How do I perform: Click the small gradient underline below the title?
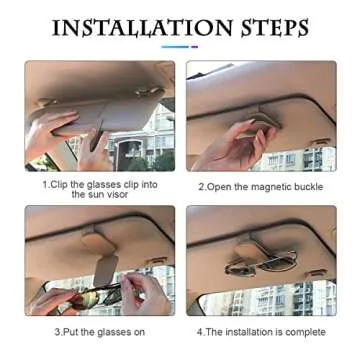click(179, 46)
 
